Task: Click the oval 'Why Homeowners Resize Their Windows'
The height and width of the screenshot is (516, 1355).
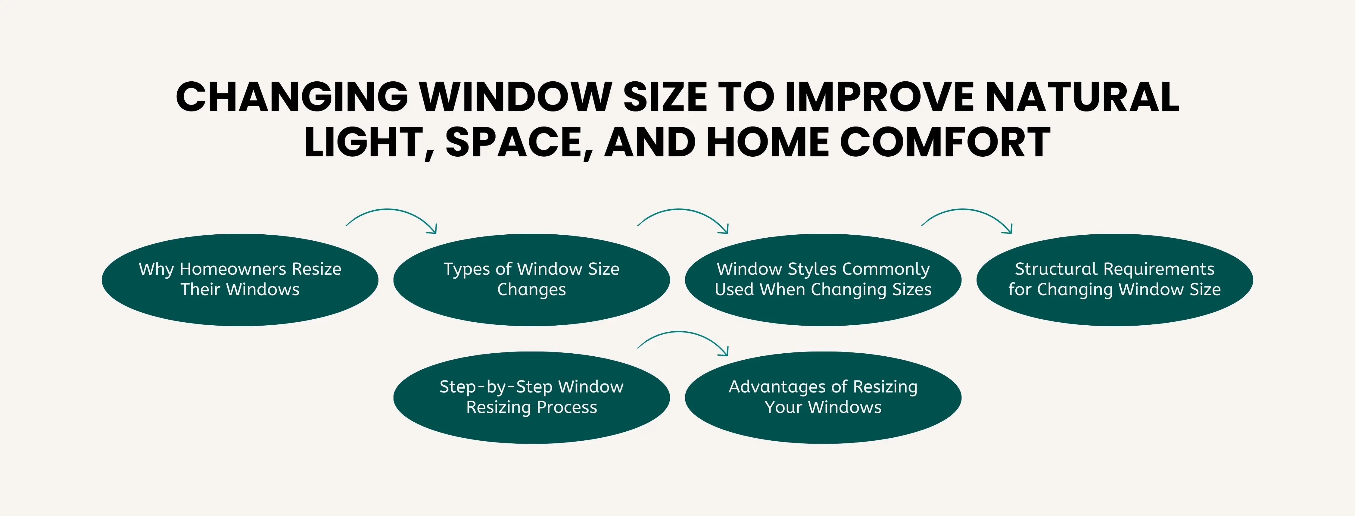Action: (x=240, y=280)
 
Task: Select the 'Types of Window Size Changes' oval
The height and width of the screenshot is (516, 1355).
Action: (x=531, y=280)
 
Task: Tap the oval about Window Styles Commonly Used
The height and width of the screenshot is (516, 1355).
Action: (x=823, y=280)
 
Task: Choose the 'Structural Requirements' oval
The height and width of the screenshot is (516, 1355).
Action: (x=1115, y=280)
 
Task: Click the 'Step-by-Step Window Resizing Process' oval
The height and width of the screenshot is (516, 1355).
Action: (x=531, y=398)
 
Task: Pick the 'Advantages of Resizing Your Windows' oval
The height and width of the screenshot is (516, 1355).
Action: (x=823, y=398)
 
